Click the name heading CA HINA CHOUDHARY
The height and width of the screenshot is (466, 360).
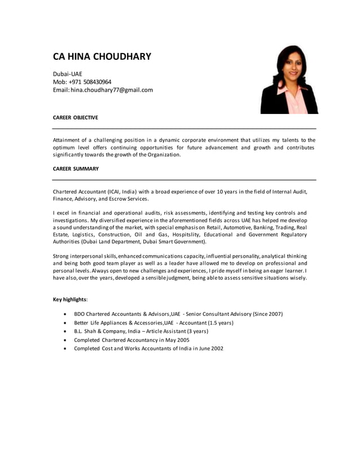(x=102, y=56)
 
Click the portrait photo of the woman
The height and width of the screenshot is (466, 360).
(x=288, y=80)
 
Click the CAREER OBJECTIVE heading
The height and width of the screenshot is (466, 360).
(x=75, y=117)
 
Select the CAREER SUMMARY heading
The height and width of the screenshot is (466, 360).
(x=76, y=168)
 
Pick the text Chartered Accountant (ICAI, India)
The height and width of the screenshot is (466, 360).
(x=94, y=192)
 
